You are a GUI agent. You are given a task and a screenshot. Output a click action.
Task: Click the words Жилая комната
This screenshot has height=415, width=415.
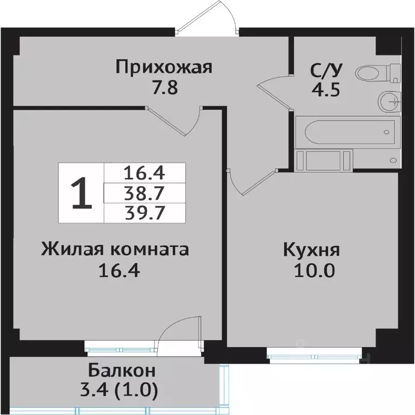click(115, 250)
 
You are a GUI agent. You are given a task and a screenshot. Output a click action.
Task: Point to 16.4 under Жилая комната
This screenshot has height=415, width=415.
click(120, 269)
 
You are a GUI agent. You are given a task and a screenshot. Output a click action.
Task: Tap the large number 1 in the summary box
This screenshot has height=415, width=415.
click(81, 193)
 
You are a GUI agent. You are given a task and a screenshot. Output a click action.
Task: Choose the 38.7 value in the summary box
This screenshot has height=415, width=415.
click(144, 193)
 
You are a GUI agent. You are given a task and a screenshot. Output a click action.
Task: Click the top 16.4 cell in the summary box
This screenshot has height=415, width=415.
click(144, 173)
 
